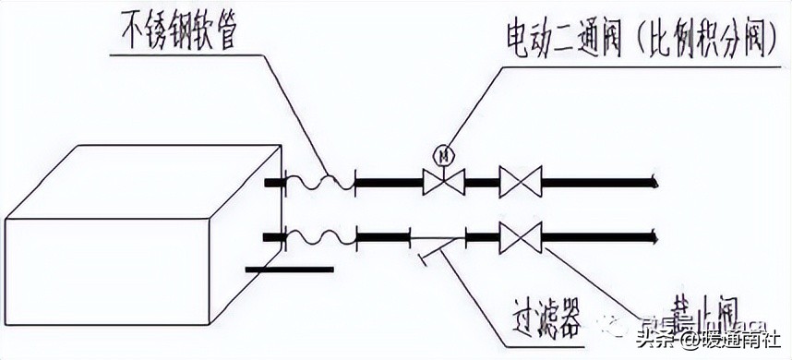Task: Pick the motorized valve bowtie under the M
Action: tap(444, 182)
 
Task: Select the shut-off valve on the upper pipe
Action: tap(520, 182)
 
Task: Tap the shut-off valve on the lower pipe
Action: tap(520, 238)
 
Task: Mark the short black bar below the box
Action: tap(290, 270)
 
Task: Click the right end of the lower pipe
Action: tap(653, 239)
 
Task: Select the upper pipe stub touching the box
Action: tap(274, 183)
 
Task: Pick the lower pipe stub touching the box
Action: tap(274, 239)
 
